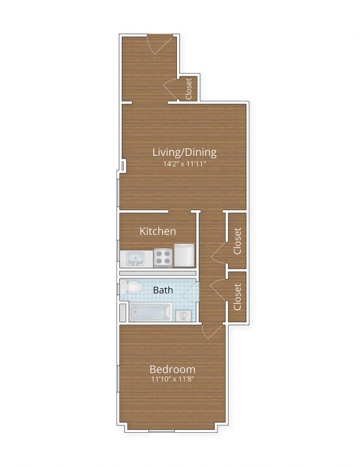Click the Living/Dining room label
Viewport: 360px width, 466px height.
click(184, 152)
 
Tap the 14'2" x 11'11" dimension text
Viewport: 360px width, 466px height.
click(184, 165)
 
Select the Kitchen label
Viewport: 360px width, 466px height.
click(157, 231)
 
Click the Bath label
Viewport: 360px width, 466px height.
click(163, 290)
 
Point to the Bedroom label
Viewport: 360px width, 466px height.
click(172, 369)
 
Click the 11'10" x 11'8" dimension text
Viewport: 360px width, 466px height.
click(172, 379)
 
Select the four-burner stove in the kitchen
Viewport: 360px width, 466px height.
click(163, 256)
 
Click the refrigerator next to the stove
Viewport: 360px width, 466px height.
click(186, 255)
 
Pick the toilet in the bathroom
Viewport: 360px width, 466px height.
click(132, 288)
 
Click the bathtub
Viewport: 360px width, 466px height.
click(151, 312)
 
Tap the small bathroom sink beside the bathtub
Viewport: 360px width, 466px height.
click(182, 315)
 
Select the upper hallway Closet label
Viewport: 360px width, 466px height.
click(237, 240)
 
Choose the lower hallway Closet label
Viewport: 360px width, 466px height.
click(237, 297)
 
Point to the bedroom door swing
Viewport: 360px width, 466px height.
click(212, 332)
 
